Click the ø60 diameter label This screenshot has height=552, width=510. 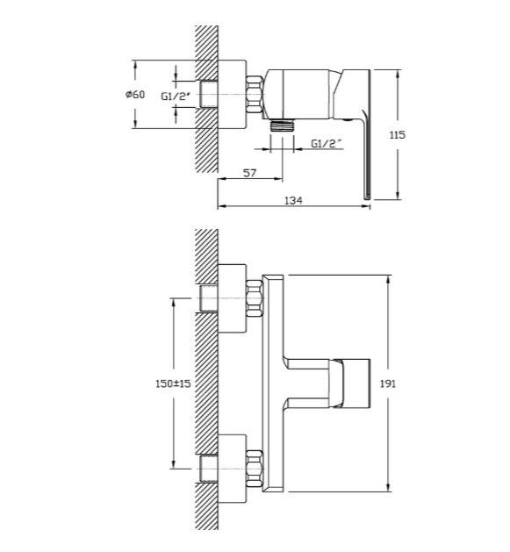[x=135, y=95]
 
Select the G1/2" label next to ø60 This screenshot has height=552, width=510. [x=176, y=97]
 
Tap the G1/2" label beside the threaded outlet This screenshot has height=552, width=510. [x=327, y=144]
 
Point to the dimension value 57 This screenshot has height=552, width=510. [x=249, y=173]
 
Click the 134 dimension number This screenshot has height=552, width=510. [x=293, y=200]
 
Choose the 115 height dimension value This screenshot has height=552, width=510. [x=398, y=135]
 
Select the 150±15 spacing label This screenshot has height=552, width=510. [x=173, y=384]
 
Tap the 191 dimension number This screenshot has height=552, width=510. [x=388, y=384]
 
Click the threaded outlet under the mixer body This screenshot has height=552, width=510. [x=282, y=126]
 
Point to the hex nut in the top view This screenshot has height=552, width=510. [x=255, y=95]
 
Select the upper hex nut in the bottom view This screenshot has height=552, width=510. [x=255, y=298]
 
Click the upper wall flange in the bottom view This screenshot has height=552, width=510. [x=232, y=298]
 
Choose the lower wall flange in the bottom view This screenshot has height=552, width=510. [x=232, y=469]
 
